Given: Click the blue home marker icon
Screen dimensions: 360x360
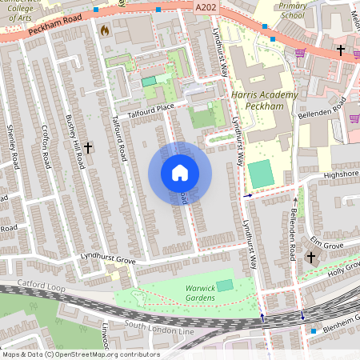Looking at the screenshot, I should (x=180, y=173).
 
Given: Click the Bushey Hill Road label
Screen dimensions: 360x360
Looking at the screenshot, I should (x=74, y=141).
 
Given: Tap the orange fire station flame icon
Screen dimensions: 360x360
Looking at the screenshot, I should (x=104, y=30).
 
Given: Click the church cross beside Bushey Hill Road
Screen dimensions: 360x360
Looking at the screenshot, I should (x=88, y=148).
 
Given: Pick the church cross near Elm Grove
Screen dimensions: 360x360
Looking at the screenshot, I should (x=310, y=257).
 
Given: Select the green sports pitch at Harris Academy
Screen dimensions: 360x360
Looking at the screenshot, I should (x=259, y=173).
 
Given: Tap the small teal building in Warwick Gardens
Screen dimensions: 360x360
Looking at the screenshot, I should (x=225, y=285).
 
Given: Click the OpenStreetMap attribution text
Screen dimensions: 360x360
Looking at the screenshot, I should (x=80, y=354).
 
